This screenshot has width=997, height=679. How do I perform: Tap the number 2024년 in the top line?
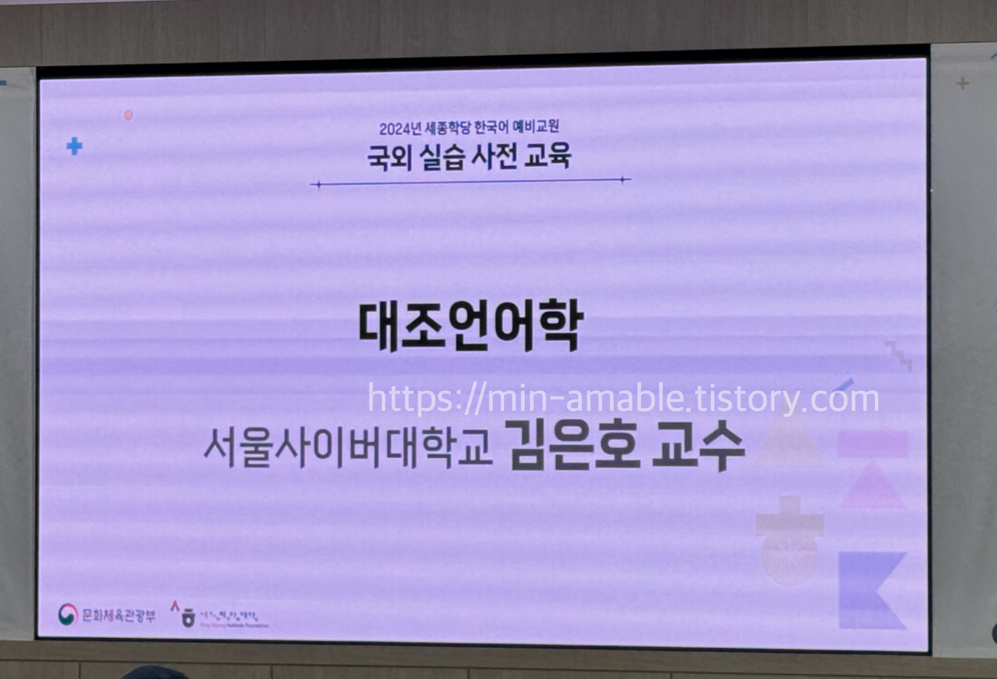(400, 128)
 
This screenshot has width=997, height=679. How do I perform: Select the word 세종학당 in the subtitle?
(448, 128)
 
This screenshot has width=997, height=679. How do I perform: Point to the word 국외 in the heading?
(389, 157)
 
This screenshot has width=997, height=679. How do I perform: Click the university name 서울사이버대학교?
(348, 448)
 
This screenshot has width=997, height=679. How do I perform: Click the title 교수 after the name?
(698, 446)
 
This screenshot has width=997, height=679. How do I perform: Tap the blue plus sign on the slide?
(74, 147)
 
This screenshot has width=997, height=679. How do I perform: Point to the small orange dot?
(128, 115)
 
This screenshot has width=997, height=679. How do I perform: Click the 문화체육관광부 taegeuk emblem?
(68, 615)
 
